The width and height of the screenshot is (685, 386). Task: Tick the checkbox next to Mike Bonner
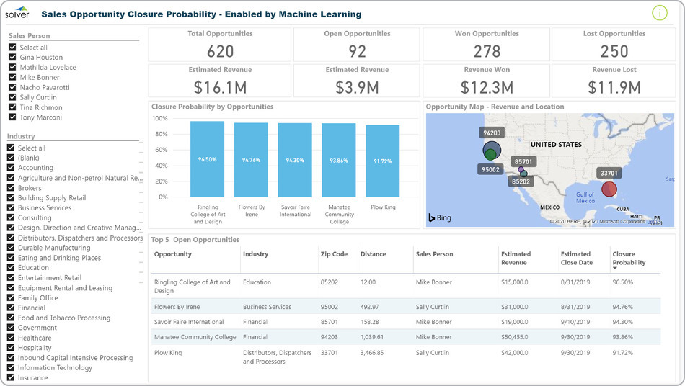coord(12,77)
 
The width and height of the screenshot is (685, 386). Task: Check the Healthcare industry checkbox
coord(11,338)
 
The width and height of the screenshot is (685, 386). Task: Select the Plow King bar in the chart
coord(382,161)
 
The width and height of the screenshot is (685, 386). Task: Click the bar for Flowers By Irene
coord(251,159)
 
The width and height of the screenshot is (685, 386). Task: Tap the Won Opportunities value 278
coord(487,51)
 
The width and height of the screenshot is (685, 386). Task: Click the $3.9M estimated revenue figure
coord(357,87)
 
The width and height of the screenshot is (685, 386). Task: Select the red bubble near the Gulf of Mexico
coord(609,189)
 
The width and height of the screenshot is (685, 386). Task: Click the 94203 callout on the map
coord(492,133)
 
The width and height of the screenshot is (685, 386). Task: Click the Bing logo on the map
coord(440,217)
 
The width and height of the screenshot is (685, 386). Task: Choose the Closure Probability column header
coord(629,258)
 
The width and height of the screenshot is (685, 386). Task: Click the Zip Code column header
coord(334,254)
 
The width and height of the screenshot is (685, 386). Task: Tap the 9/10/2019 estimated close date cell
coord(575,322)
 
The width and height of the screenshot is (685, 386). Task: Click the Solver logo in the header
coord(17,13)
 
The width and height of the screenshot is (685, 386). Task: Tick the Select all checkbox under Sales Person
coord(12,48)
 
